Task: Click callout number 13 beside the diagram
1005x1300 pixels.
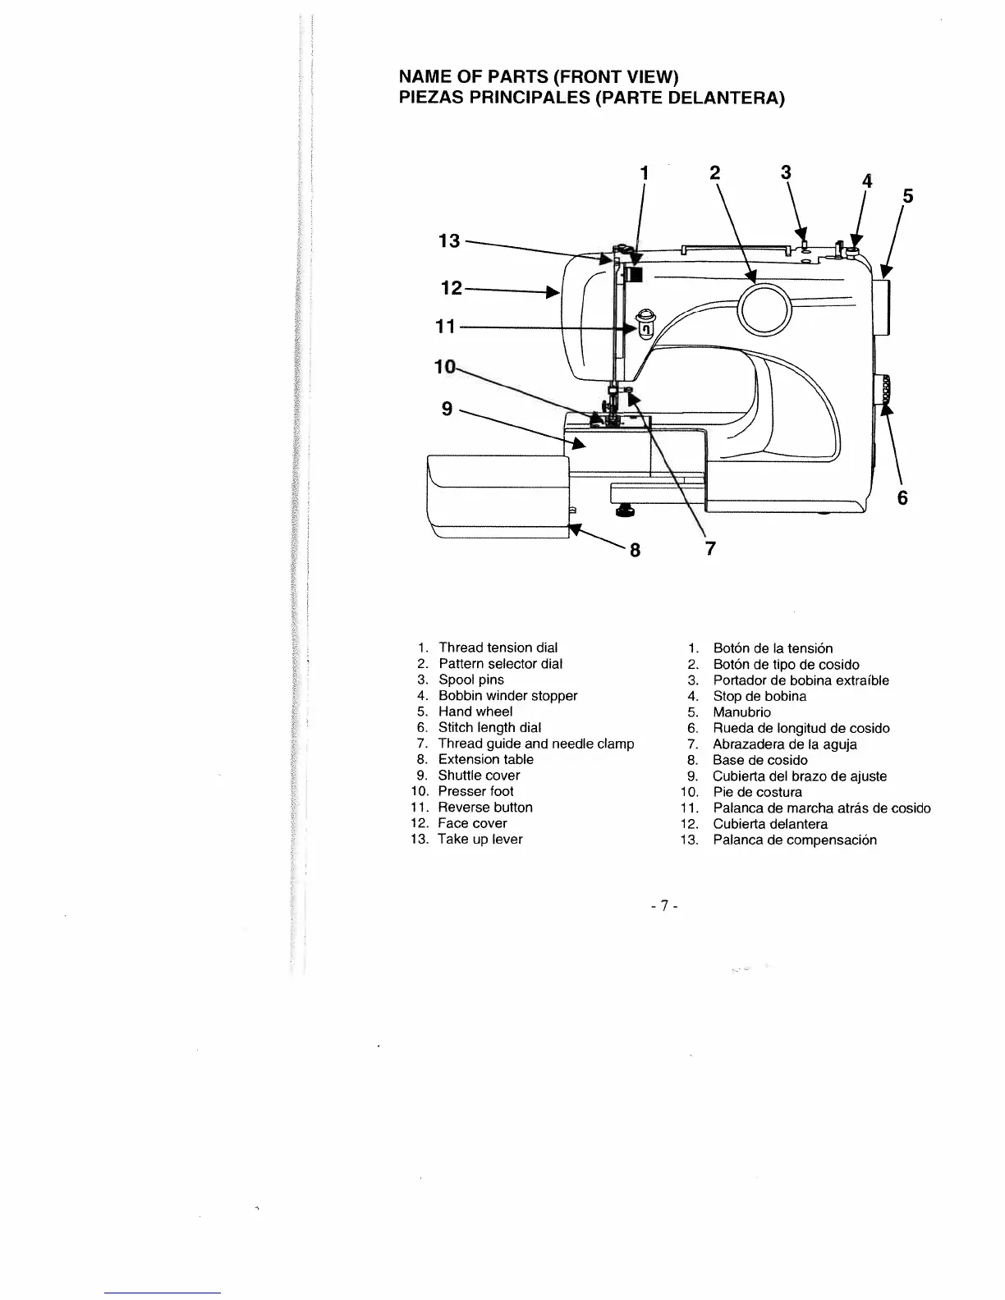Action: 449,241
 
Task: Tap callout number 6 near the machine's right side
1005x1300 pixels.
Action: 902,498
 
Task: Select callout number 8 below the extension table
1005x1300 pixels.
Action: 634,550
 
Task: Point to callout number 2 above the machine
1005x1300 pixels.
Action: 714,172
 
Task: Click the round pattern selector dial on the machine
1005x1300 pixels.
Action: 764,309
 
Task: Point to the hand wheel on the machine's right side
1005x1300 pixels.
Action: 883,307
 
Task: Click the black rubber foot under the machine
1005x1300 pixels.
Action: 626,513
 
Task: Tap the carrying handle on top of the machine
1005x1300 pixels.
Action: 731,246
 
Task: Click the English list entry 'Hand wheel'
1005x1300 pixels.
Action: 475,712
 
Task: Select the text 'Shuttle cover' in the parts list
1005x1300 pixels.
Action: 479,776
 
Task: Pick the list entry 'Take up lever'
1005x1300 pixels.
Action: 480,840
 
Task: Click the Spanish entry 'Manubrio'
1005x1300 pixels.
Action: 741,712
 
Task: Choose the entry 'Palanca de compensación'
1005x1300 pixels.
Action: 794,840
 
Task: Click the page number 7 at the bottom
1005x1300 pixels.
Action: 662,907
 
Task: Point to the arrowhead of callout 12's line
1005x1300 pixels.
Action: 556,291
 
